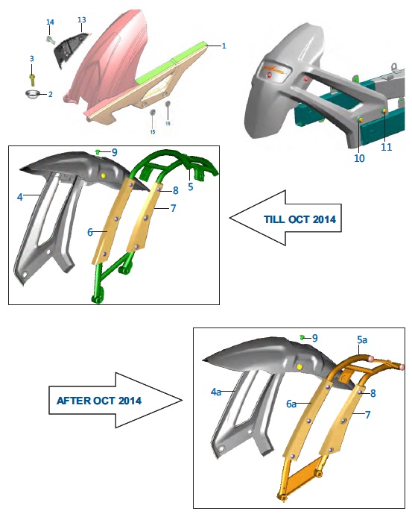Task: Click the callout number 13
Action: [82, 20]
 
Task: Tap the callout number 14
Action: [50, 22]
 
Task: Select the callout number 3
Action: [32, 59]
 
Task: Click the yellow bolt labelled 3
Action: [32, 80]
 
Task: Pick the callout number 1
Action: [224, 46]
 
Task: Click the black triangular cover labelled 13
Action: [72, 48]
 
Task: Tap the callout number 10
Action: [359, 158]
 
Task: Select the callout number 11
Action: [387, 147]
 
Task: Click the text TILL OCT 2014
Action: [300, 219]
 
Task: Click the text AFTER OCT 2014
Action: [99, 401]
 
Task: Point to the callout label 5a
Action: [362, 340]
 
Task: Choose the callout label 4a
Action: [216, 392]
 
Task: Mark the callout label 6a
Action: [291, 404]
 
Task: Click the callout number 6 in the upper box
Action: [90, 232]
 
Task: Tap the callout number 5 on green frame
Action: [191, 187]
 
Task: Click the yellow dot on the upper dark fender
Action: [104, 176]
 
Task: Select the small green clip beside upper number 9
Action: [98, 151]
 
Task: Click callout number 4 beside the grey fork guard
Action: [20, 197]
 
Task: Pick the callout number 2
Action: [51, 95]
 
